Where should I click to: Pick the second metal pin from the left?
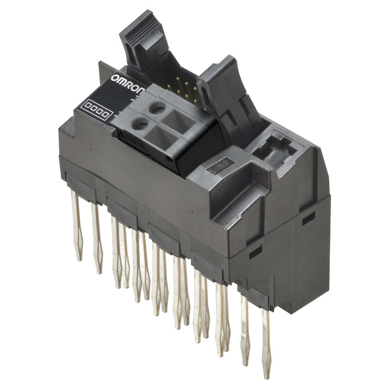click(x=96, y=238)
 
